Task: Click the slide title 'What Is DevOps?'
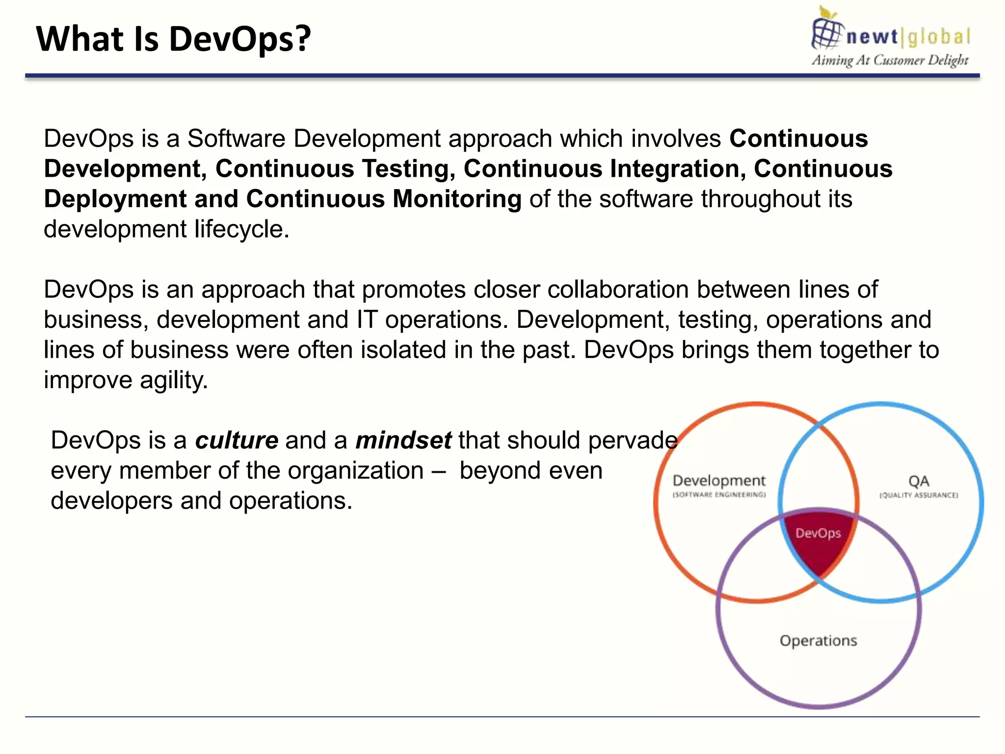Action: (174, 39)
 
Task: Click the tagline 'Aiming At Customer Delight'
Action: (890, 60)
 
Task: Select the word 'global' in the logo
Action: (939, 37)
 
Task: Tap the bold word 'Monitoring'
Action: (457, 199)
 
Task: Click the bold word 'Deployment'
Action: (115, 199)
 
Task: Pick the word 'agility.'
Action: (174, 380)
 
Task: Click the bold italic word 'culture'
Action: (237, 440)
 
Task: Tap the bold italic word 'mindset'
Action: (403, 440)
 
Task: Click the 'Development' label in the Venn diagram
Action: (719, 481)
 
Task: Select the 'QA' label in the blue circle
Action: (919, 481)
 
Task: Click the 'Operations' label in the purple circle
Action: (818, 641)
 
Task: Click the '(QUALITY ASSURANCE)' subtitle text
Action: (919, 495)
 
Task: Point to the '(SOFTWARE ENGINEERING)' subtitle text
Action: (719, 495)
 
